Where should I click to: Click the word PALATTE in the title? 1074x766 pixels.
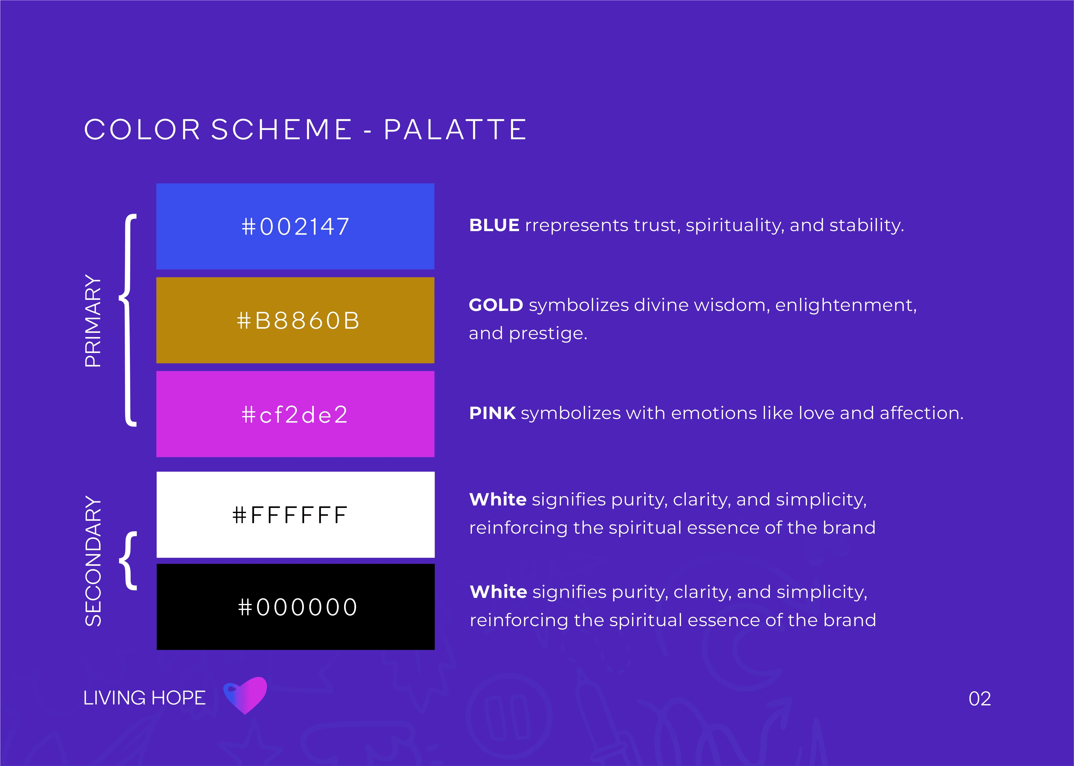455,129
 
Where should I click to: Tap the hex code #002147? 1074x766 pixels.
295,226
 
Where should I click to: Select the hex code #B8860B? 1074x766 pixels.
298,321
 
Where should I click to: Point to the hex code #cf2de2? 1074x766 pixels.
295,415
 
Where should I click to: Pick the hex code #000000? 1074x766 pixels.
298,607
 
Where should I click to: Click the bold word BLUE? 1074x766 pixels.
494,225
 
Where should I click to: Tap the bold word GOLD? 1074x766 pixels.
496,305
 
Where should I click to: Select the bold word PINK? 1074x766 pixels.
492,413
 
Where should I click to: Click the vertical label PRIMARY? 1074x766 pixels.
93,321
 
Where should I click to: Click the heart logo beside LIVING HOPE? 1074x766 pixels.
245,695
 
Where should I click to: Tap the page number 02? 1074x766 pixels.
980,698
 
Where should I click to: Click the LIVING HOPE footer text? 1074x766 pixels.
144,698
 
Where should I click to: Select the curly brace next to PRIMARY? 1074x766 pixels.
128,320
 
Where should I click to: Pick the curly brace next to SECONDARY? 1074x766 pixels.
128,561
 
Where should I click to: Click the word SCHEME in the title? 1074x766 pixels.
281,129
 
